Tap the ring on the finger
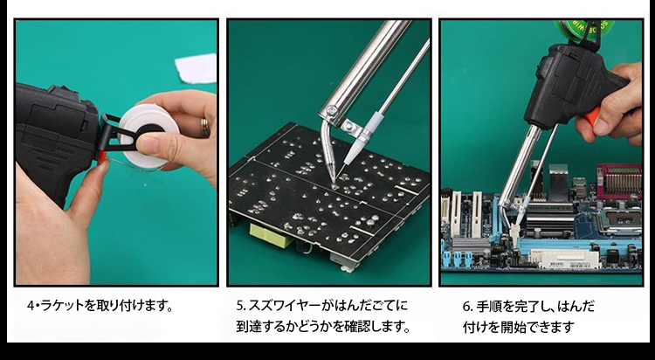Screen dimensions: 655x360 (x=204, y=127)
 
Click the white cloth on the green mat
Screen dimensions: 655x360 (x=196, y=68)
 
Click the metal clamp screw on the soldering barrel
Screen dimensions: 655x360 (x=332, y=111)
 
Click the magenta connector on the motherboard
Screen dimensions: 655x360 (x=619, y=180)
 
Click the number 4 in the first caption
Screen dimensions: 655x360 (x=31, y=306)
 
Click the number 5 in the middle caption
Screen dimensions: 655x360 (x=239, y=306)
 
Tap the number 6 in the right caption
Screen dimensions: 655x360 (x=466, y=307)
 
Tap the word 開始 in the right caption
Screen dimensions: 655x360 (x=514, y=327)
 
